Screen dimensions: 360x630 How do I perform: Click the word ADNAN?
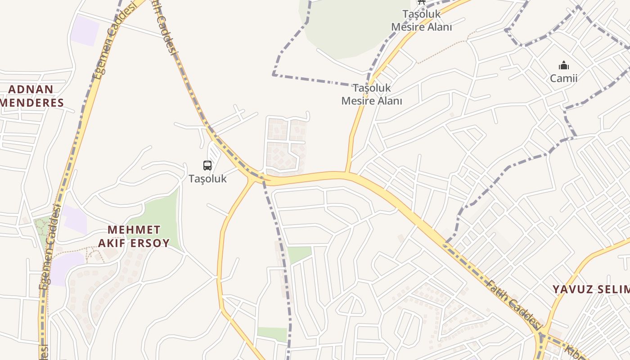point(31,89)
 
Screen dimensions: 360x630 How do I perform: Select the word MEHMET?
point(134,229)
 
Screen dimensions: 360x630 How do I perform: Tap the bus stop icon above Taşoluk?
point(207,166)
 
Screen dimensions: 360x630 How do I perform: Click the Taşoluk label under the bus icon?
point(207,179)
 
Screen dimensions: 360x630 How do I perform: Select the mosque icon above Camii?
point(563,66)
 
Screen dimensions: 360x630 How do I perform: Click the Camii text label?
point(563,78)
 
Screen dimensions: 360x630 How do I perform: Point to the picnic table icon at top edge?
point(421,2)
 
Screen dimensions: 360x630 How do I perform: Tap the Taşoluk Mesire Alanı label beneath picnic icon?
point(421,21)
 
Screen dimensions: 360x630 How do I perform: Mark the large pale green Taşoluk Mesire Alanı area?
point(346,27)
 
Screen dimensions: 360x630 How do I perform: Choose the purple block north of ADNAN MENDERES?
point(85,30)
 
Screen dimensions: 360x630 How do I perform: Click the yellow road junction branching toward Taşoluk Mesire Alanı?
point(347,172)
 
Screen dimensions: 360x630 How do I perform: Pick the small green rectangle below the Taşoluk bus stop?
point(299,254)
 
